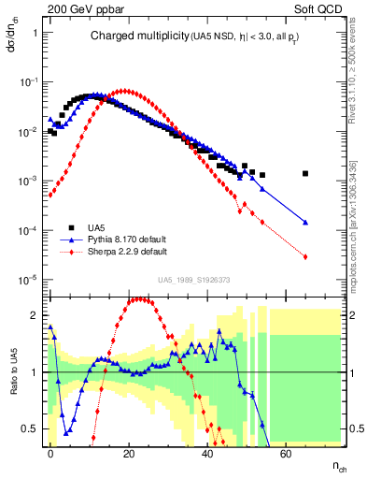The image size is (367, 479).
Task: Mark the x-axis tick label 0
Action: pos(51,451)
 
